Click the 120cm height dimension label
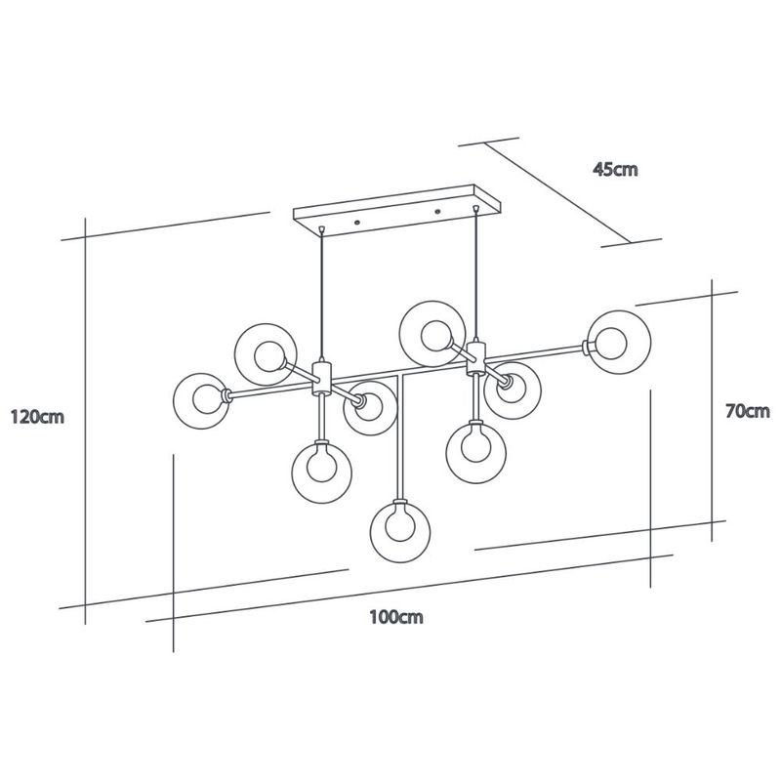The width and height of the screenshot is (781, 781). pyautogui.click(x=37, y=417)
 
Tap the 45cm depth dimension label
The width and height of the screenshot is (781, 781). pyautogui.click(x=615, y=169)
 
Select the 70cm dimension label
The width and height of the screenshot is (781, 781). pyautogui.click(x=748, y=411)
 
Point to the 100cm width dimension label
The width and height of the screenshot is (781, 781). pyautogui.click(x=396, y=617)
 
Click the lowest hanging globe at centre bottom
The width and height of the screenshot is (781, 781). pyautogui.click(x=400, y=532)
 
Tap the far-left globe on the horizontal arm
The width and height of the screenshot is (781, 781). pyautogui.click(x=201, y=401)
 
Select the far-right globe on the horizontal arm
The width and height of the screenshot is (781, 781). pyautogui.click(x=619, y=343)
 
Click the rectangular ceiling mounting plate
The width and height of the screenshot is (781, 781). pyautogui.click(x=397, y=211)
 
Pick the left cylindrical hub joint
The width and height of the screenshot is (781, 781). pyautogui.click(x=322, y=378)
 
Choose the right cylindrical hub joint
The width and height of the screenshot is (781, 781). pyautogui.click(x=476, y=357)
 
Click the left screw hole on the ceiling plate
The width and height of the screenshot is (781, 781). pyautogui.click(x=357, y=223)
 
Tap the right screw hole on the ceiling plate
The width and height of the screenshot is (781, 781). pyautogui.click(x=437, y=212)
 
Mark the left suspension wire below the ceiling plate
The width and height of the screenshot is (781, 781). pyautogui.click(x=322, y=297)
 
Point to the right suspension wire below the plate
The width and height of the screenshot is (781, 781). pyautogui.click(x=476, y=276)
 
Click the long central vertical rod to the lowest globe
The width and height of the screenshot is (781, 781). pyautogui.click(x=400, y=437)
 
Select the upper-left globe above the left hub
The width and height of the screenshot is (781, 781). pyautogui.click(x=266, y=354)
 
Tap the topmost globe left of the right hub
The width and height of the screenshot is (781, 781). pyautogui.click(x=432, y=334)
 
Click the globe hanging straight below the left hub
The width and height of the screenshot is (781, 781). pyautogui.click(x=322, y=472)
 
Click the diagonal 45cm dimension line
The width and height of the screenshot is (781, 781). pyautogui.click(x=557, y=192)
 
